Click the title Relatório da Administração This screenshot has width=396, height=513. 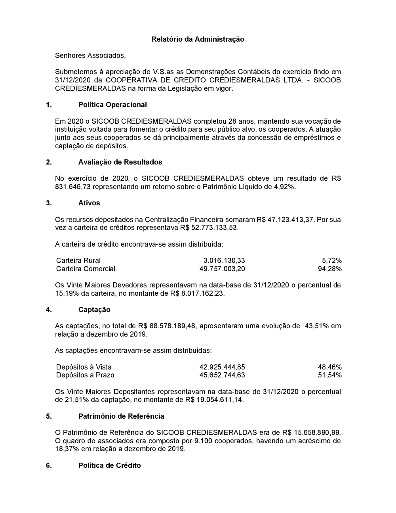coord(198,39)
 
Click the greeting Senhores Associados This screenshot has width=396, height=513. coord(90,56)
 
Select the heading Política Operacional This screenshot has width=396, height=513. coord(112,105)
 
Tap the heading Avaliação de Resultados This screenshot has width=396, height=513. coord(120,162)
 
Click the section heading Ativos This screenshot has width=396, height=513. coord(89,203)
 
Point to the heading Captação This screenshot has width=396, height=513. coord(94,310)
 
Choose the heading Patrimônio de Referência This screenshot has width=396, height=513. coord(121,416)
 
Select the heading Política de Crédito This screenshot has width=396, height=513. coord(109,465)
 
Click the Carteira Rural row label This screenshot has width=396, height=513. coord(78,260)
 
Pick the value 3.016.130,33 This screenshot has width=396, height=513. coord(224,260)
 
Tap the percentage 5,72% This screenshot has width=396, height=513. coord(331,260)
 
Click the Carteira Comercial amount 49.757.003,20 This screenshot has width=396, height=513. coord(222,269)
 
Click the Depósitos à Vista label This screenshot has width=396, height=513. coord(84,367)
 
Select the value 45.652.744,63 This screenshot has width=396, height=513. coord(222,375)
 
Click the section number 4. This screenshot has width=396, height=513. coord(49,310)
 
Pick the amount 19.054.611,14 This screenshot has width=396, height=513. coord(219,400)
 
